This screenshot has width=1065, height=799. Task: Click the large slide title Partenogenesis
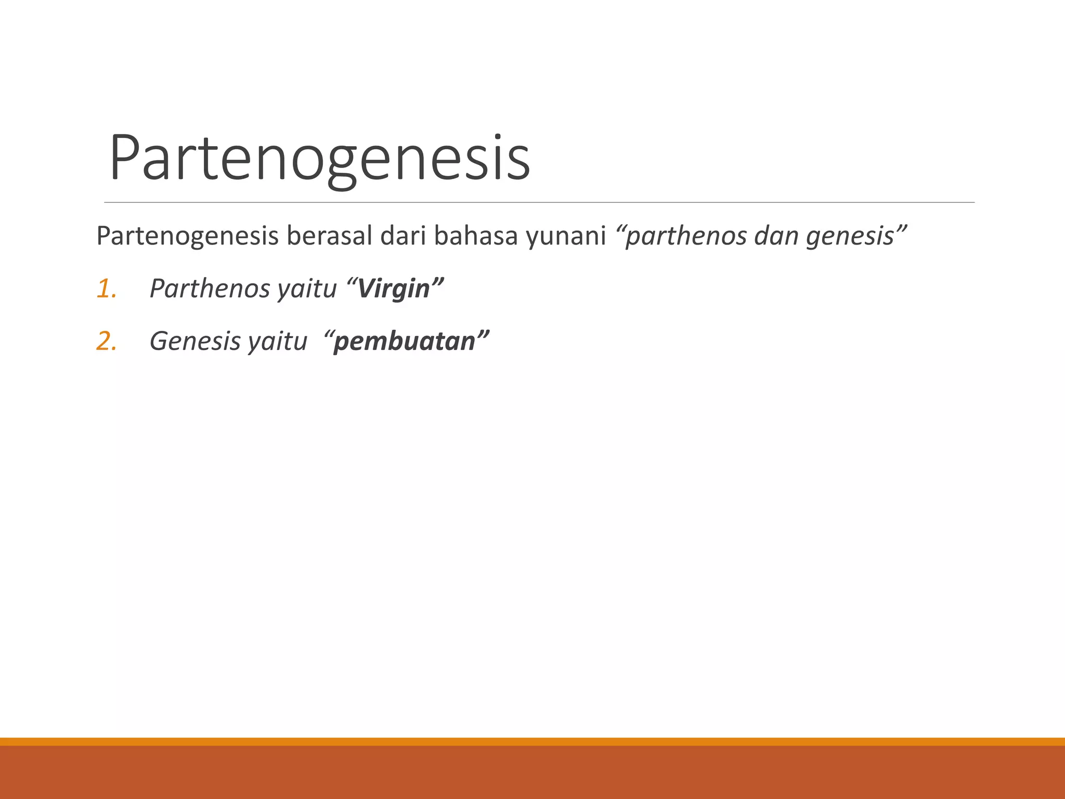pos(319,158)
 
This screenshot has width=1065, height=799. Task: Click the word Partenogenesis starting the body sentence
pos(187,236)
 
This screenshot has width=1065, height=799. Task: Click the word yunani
pos(566,237)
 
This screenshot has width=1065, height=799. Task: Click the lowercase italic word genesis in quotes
pos(850,237)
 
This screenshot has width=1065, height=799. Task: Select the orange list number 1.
pos(106,289)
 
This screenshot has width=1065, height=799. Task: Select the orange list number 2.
pos(106,342)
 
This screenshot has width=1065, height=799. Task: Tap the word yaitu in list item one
pos(306,290)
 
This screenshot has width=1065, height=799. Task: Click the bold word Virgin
pos(394,289)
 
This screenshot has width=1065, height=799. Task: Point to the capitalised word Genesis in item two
pos(196,342)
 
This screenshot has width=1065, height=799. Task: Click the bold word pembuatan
pos(405,342)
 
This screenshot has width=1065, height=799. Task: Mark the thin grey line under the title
pos(539,202)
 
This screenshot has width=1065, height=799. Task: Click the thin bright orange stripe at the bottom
pos(532,741)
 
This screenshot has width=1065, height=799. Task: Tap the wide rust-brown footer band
pos(532,772)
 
